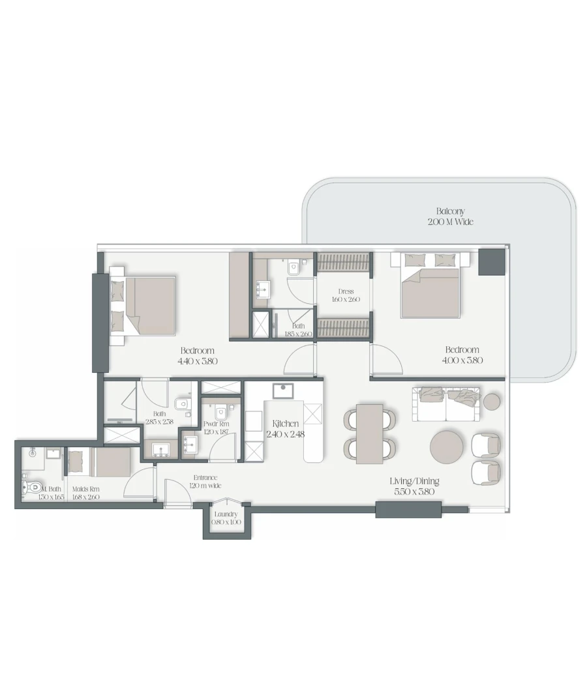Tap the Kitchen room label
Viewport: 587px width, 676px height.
click(x=285, y=424)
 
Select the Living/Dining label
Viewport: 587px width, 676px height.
click(x=414, y=481)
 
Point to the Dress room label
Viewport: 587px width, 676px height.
click(x=346, y=291)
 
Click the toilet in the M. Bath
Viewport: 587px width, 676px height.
click(x=33, y=486)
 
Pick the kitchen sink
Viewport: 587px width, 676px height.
click(x=282, y=391)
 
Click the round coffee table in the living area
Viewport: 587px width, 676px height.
click(x=446, y=447)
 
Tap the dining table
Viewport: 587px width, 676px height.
click(x=369, y=434)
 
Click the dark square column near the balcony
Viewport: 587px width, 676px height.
click(x=491, y=261)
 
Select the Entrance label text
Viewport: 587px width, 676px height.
click(x=206, y=477)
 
